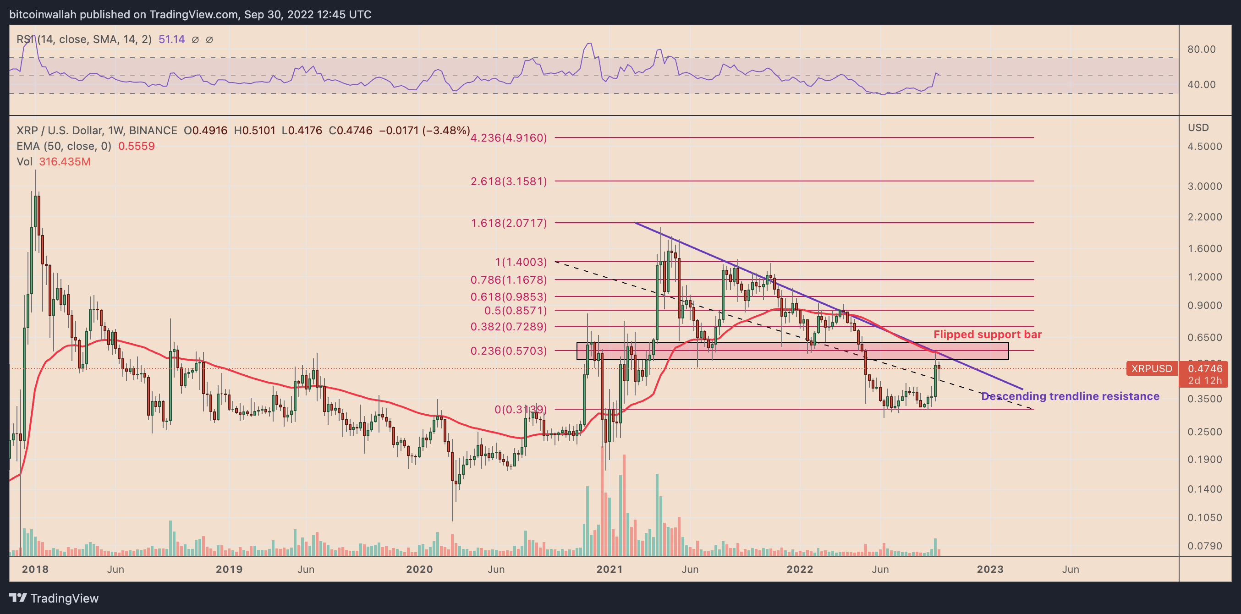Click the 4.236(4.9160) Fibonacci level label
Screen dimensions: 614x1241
point(508,138)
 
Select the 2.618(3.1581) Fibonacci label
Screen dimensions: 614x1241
point(508,181)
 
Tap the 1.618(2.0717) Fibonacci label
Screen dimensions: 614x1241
point(508,223)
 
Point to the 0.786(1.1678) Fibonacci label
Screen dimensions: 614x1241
point(508,280)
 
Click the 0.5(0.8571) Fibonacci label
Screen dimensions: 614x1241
point(515,310)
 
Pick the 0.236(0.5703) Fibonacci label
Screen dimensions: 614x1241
point(508,351)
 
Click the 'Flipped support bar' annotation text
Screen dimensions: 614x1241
point(987,334)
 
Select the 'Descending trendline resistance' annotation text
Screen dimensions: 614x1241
point(1070,396)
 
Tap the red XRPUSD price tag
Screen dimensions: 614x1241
point(1151,368)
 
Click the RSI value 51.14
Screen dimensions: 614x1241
point(171,39)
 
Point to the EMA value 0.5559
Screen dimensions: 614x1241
point(137,146)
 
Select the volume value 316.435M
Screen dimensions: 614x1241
point(65,161)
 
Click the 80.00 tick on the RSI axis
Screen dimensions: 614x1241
point(1202,49)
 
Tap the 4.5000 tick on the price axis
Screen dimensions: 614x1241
point(1204,146)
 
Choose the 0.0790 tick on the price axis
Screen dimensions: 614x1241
point(1204,546)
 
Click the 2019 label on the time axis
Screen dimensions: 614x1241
point(229,569)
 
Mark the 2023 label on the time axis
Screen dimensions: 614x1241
point(989,569)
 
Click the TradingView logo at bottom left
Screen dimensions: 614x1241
point(54,598)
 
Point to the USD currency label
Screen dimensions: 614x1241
point(1198,128)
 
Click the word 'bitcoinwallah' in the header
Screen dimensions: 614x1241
point(43,15)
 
